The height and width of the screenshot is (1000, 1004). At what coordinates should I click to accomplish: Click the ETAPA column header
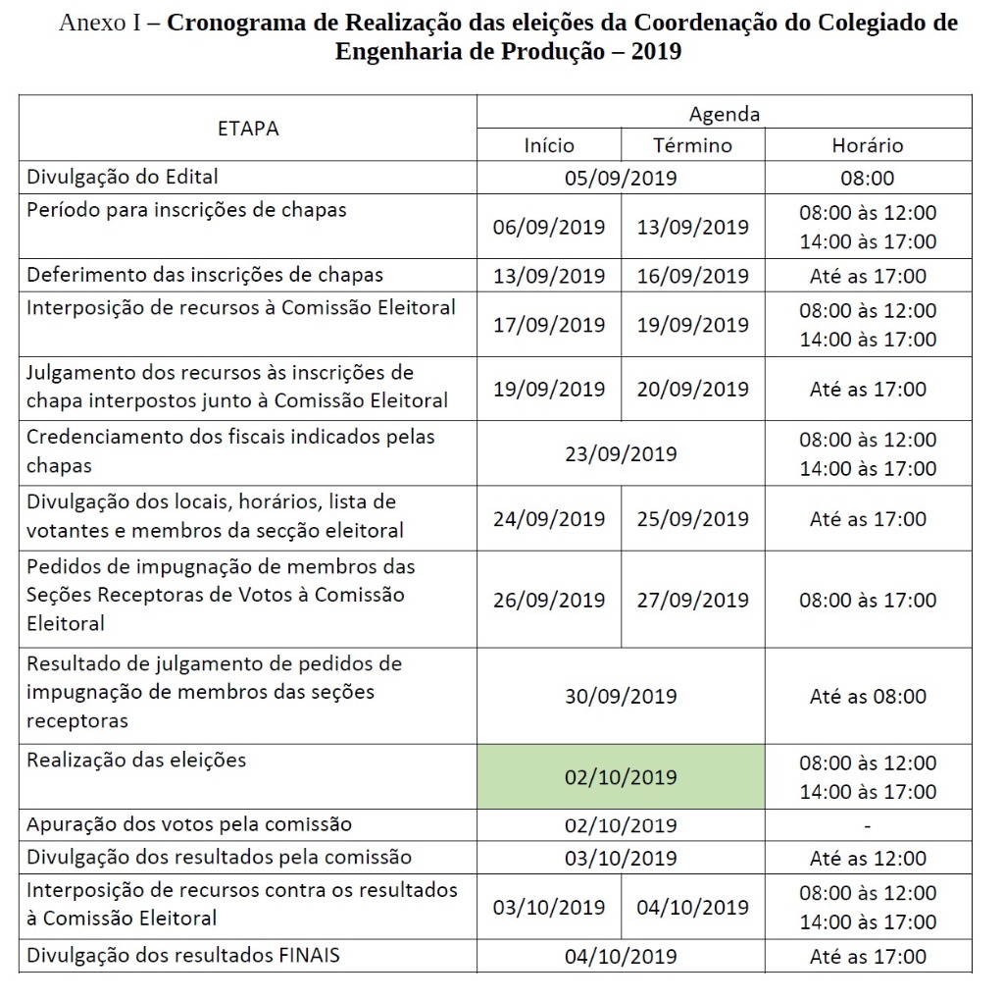(x=248, y=129)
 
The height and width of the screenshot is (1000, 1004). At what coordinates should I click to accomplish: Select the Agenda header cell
(x=724, y=114)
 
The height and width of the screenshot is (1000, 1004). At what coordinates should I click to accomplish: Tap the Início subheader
(x=549, y=145)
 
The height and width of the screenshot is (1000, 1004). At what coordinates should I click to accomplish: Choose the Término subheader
(x=692, y=145)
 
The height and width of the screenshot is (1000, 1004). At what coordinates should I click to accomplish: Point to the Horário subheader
(x=868, y=145)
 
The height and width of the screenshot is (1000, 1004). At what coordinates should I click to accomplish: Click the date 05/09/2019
(x=621, y=179)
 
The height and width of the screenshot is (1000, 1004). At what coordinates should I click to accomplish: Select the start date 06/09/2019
(x=549, y=227)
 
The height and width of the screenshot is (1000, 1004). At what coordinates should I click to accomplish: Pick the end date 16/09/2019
(x=692, y=276)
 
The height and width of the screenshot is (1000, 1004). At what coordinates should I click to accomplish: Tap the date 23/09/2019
(x=621, y=453)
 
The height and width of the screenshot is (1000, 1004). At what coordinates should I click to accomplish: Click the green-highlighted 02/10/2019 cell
(x=621, y=776)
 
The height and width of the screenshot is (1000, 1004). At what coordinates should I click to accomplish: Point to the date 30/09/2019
(x=621, y=696)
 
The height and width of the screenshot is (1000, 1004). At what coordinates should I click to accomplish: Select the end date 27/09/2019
(x=692, y=600)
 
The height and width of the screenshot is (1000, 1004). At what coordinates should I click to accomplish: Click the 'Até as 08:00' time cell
(x=868, y=696)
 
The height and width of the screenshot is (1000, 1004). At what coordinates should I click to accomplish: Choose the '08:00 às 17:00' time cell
(x=868, y=600)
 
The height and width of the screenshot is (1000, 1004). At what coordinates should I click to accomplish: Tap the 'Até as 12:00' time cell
(x=868, y=858)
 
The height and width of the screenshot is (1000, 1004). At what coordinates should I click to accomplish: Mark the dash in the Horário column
(x=868, y=825)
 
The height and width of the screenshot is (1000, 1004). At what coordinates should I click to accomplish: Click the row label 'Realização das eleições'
(x=136, y=760)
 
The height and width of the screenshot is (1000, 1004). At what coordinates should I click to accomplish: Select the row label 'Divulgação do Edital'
(x=123, y=178)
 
